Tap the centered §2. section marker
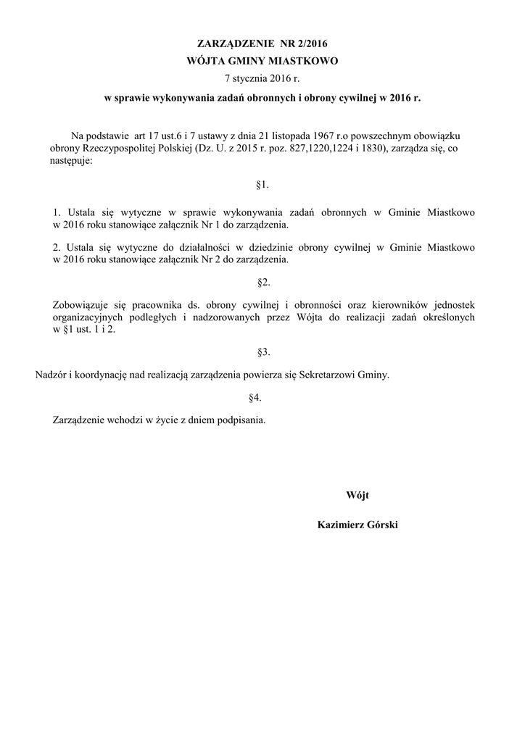pos(263,280)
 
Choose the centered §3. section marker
pos(263,352)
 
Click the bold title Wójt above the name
pos(357,495)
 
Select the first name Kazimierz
pos(341,525)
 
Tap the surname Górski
pos(383,525)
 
